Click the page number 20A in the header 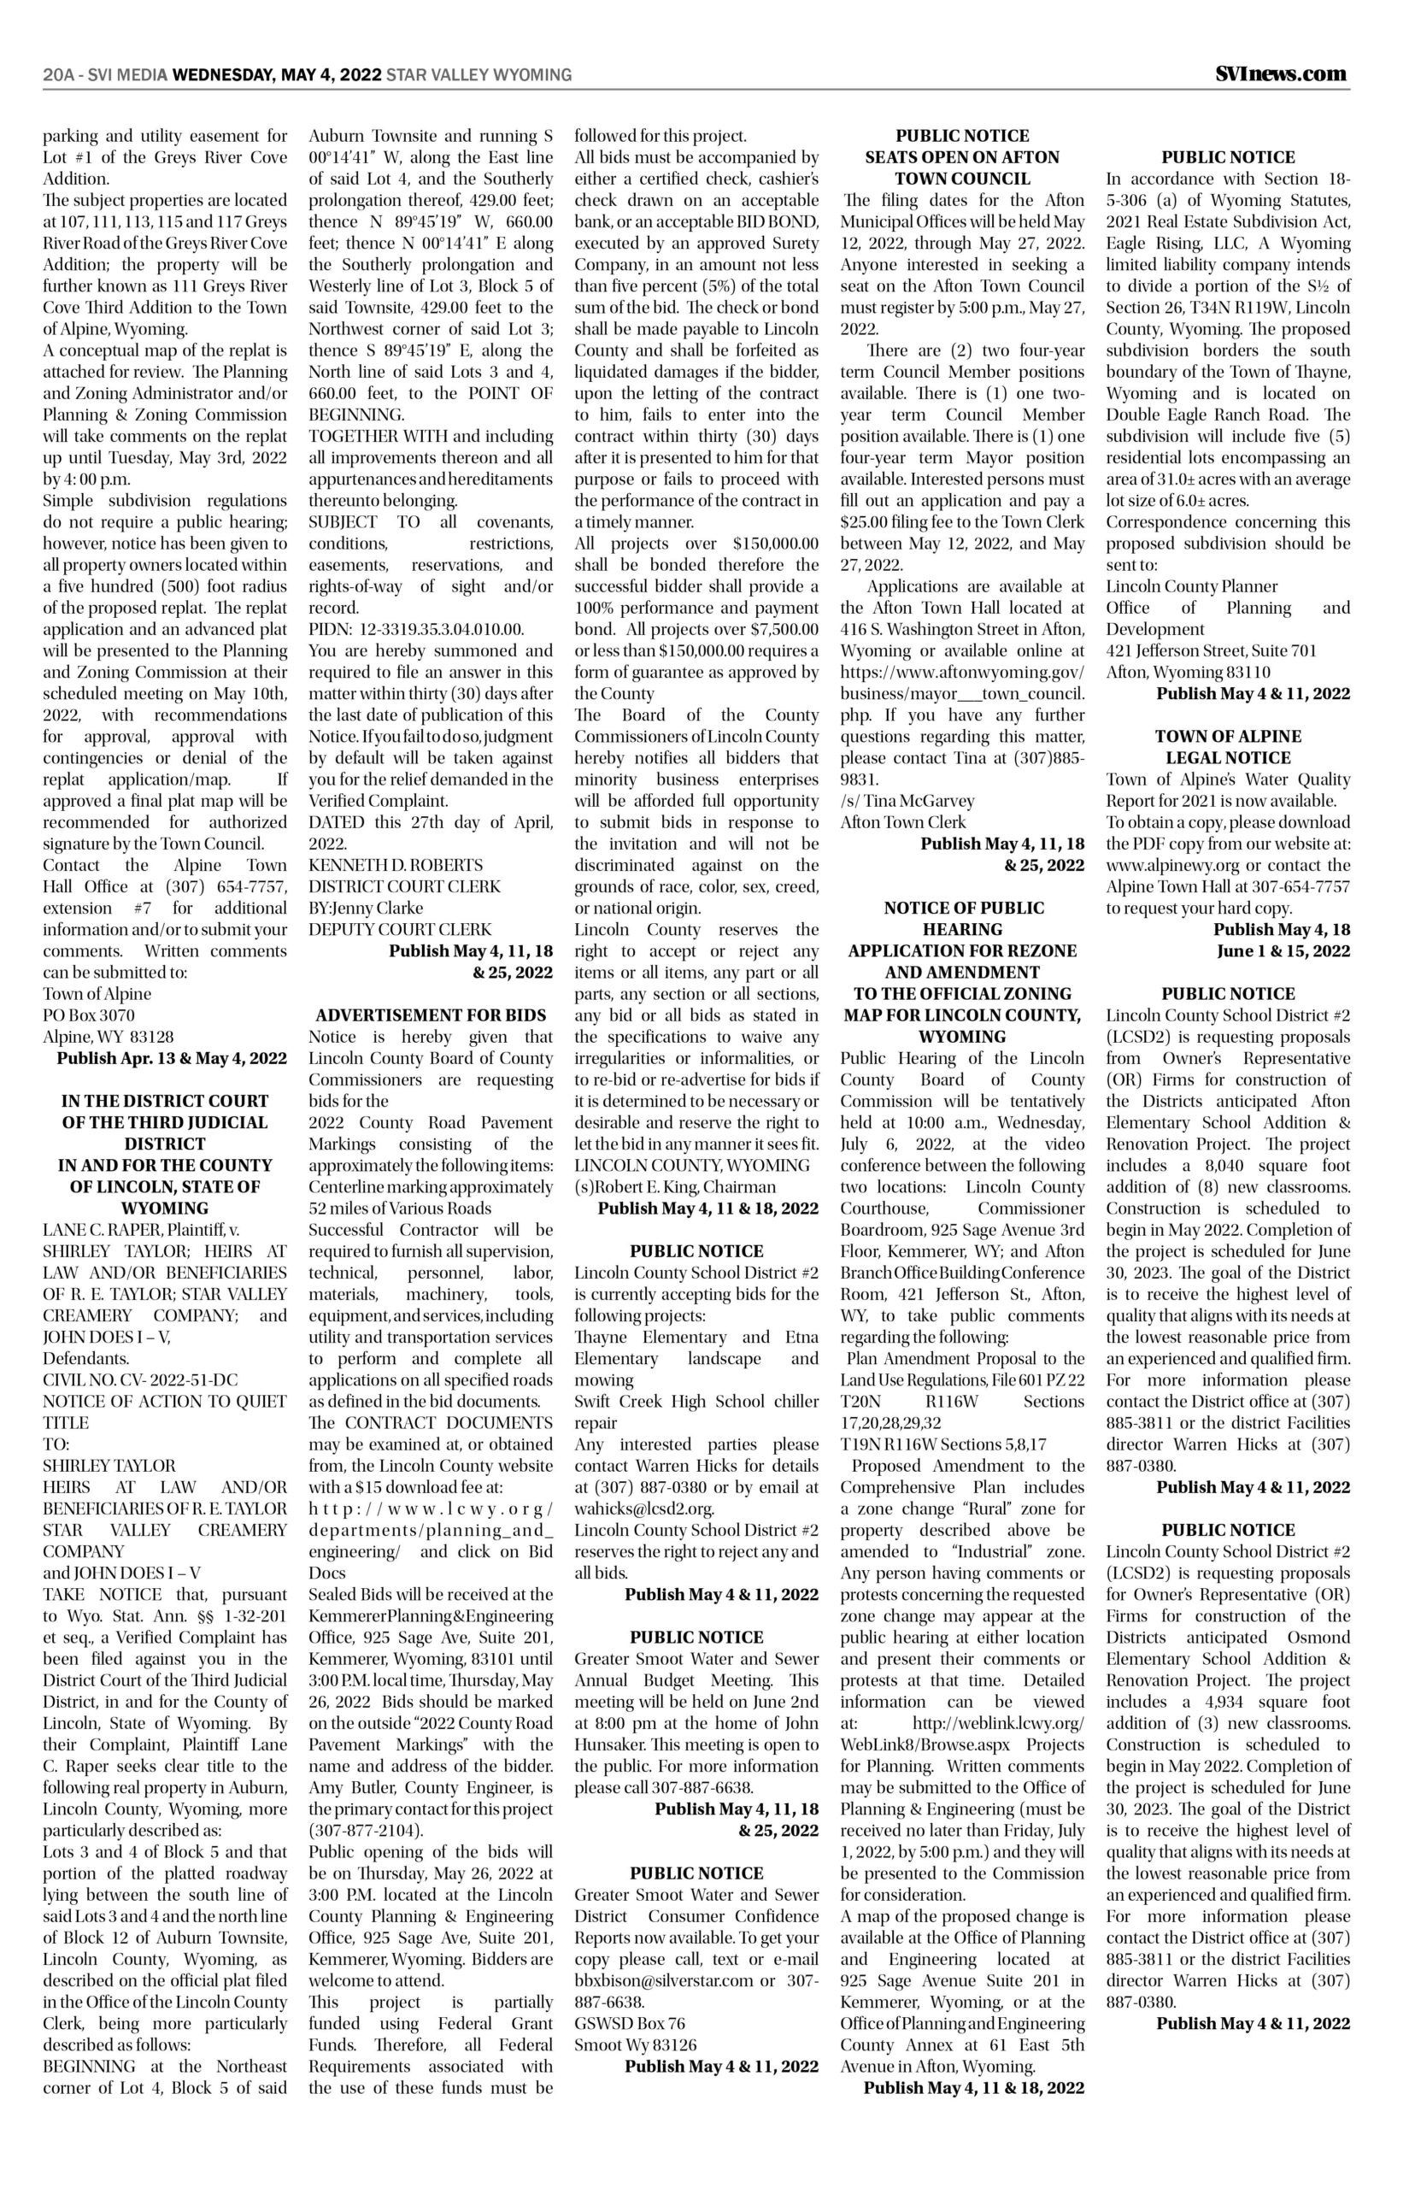click(57, 74)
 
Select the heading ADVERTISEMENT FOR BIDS click(431, 1015)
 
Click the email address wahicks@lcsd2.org click(644, 1508)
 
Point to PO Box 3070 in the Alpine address click(89, 1015)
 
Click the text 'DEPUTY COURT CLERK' click(400, 929)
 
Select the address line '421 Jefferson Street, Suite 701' click(1211, 650)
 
